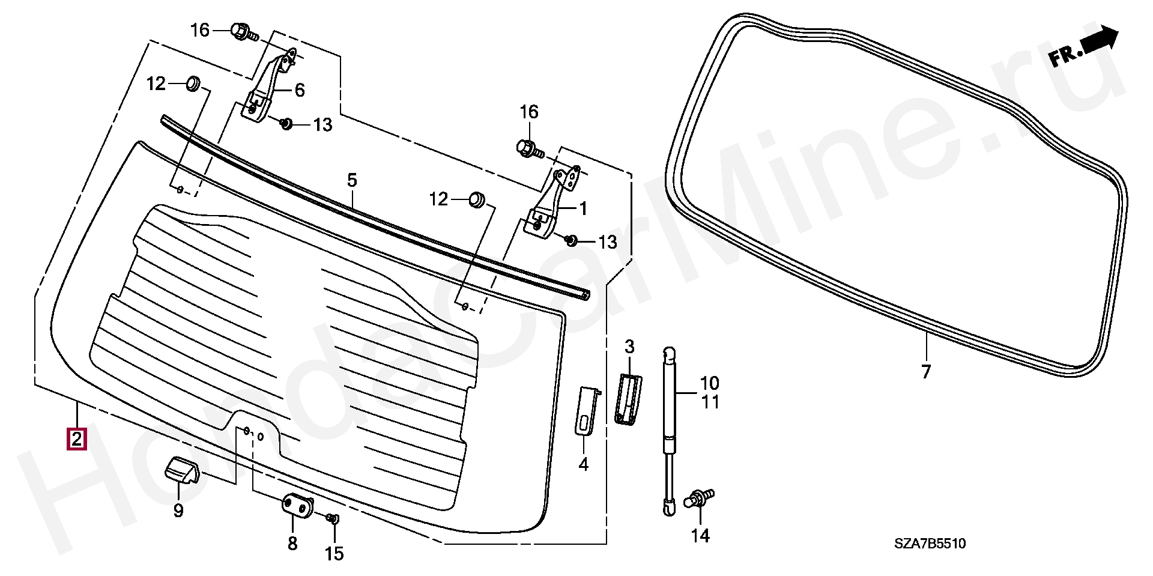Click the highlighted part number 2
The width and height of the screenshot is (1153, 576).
point(76,439)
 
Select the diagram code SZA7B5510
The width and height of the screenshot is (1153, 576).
point(930,544)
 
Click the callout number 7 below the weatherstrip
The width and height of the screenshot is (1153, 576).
point(925,372)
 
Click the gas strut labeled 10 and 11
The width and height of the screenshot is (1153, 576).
point(670,430)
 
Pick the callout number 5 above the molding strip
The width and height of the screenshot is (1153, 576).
point(352,180)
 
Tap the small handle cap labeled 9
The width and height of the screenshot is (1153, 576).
point(181,468)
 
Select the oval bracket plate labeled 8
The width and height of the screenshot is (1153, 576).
point(298,505)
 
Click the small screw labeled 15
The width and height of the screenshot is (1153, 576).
point(333,518)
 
